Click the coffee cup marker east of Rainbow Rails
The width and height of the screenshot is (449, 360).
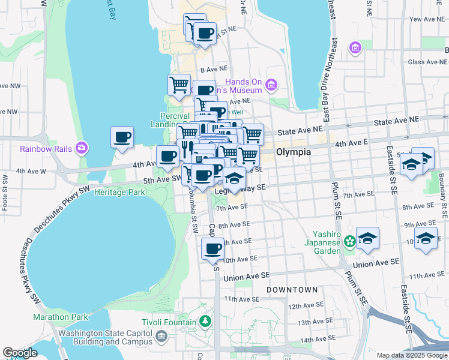tap(122, 137)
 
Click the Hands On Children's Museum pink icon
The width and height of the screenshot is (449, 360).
tap(271, 86)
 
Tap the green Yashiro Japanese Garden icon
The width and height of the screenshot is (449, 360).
tap(349, 241)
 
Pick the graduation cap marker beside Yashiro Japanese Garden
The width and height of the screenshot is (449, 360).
tap(367, 238)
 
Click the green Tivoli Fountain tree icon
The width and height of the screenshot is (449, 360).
tap(205, 322)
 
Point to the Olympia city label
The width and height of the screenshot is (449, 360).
tap(294, 152)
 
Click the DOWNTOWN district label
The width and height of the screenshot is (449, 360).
tap(292, 290)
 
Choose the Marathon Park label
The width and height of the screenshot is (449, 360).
tap(60, 317)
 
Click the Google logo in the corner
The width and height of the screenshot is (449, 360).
tap(20, 353)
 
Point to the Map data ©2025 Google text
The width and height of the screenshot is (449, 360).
tap(411, 355)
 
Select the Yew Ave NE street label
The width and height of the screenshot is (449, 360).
tap(427, 19)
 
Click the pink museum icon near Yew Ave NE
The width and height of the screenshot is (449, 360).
tap(356, 47)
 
